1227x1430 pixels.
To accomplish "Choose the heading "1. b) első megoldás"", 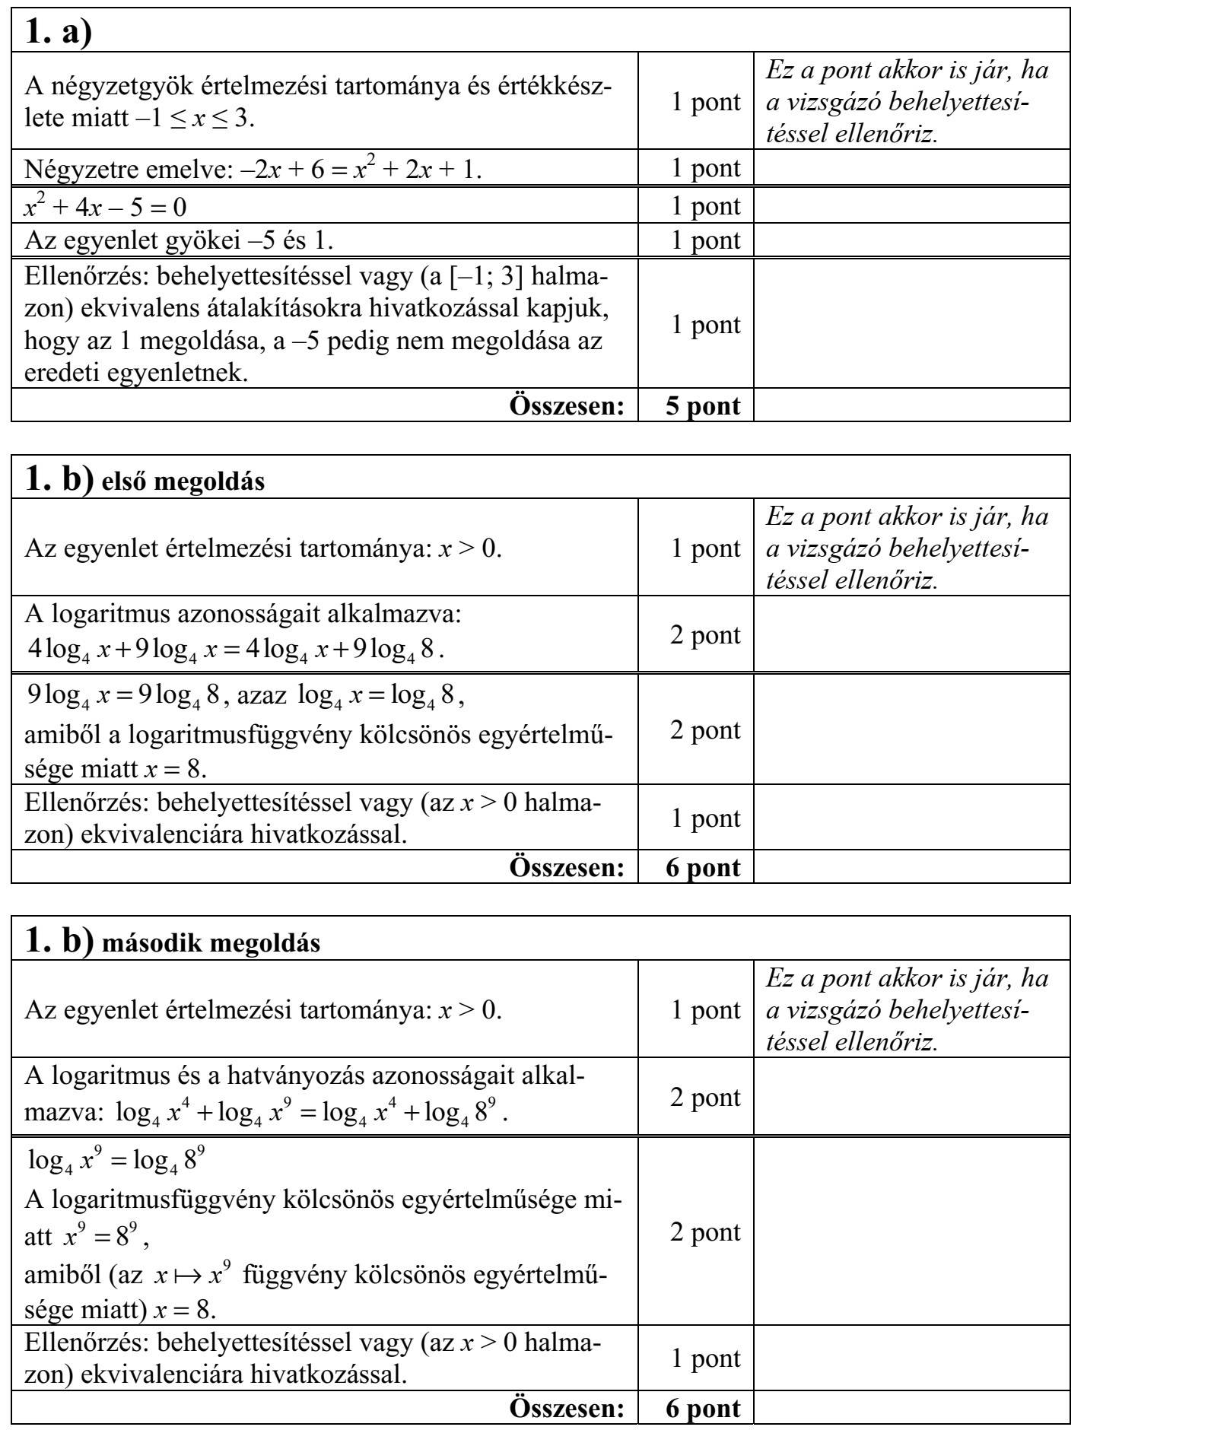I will click(145, 479).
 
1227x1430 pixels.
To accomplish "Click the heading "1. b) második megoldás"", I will click(173, 940).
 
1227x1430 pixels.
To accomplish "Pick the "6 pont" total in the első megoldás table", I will click(702, 867).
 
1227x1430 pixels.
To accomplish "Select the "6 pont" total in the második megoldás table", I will click(702, 1407).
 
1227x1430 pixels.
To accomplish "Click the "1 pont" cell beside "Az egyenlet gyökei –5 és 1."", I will click(704, 240).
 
